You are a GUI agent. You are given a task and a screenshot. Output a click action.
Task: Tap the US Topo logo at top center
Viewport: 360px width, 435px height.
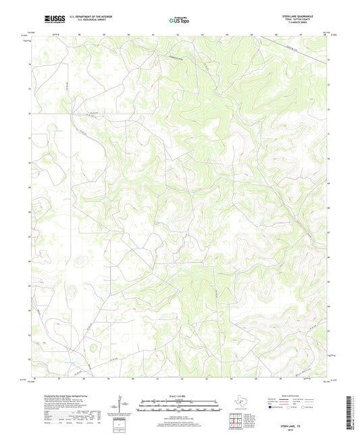coord(179,20)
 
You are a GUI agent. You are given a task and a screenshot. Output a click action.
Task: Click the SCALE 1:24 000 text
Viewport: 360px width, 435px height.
coord(179,396)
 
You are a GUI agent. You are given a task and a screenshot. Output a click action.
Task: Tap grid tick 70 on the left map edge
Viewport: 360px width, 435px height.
coord(29,163)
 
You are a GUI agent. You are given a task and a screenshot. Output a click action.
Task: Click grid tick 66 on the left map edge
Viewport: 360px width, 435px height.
coord(29,260)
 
